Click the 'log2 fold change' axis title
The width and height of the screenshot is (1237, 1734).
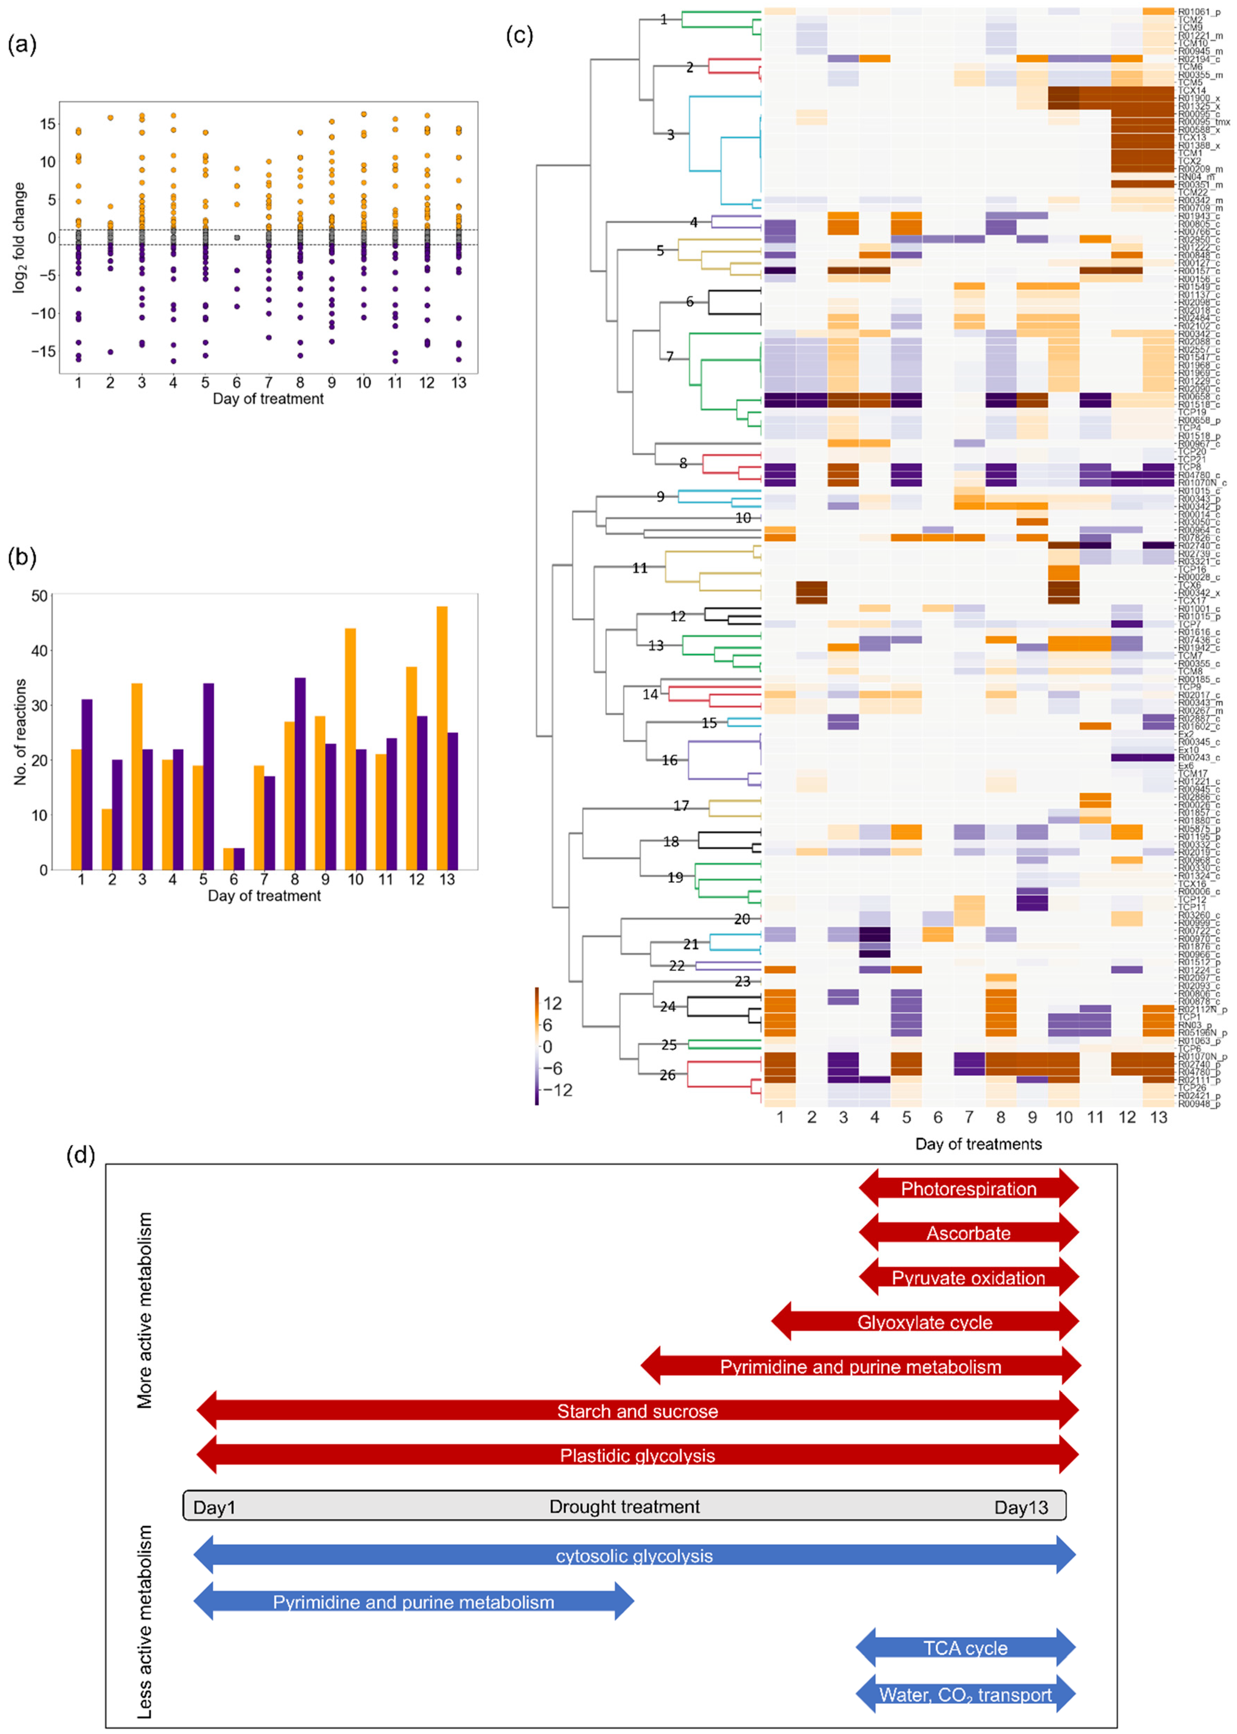tap(19, 238)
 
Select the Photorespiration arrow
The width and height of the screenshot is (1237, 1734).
tap(968, 1189)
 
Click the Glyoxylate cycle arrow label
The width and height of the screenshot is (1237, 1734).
tap(925, 1322)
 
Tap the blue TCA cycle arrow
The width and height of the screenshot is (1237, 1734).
tap(965, 1648)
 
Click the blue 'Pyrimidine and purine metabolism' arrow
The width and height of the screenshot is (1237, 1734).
tap(413, 1602)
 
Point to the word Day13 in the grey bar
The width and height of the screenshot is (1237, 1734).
tap(1021, 1507)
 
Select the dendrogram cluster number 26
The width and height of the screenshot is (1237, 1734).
tap(667, 1075)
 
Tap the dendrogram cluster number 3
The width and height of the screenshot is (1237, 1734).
tap(670, 135)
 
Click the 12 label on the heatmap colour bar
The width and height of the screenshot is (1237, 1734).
tap(552, 1004)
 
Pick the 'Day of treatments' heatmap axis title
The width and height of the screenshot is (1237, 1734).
tap(978, 1144)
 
